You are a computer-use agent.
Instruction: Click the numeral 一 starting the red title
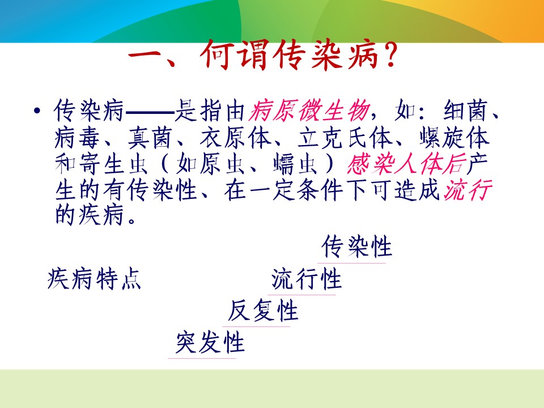(144, 56)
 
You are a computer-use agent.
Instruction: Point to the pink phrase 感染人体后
(406, 164)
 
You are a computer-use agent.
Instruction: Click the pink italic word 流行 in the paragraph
(468, 190)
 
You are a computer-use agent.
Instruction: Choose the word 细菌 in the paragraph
(466, 111)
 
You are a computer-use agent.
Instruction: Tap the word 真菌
(150, 138)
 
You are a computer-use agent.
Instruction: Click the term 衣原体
(235, 138)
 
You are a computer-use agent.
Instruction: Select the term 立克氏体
(345, 138)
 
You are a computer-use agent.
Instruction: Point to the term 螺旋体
(454, 138)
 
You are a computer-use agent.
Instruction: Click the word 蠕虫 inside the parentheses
(295, 164)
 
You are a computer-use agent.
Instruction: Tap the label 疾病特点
(94, 279)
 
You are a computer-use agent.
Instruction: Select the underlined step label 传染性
(356, 246)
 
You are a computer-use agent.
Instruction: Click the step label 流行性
(307, 279)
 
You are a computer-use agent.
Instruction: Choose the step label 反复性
(262, 311)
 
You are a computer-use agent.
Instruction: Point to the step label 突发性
(210, 342)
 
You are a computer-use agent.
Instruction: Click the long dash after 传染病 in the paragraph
(150, 112)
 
